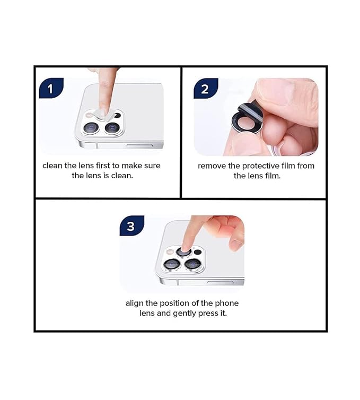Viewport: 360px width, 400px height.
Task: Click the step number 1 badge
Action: pos(51,89)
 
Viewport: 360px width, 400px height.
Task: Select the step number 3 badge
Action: pos(130,227)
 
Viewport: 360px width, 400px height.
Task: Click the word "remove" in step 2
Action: pos(212,166)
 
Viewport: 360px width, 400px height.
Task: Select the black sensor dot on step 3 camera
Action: pos(198,252)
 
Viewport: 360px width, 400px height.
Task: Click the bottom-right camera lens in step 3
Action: pos(192,264)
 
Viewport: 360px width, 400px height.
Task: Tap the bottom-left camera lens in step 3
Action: pos(171,264)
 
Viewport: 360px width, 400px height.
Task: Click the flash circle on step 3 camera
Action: pos(170,252)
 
